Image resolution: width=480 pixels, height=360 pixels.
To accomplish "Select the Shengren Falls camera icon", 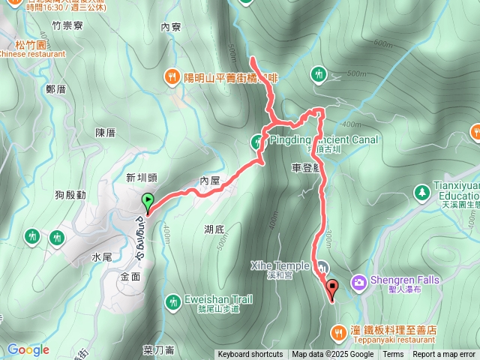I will (359, 281).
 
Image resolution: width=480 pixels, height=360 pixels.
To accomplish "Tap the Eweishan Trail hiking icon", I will (172, 300).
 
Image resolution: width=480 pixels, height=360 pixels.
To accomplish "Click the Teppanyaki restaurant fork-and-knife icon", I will (340, 330).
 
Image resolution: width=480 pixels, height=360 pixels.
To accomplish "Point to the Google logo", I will (28, 349).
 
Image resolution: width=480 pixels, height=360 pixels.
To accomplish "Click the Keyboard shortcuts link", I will (250, 355).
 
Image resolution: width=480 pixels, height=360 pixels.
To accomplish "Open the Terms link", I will (393, 355).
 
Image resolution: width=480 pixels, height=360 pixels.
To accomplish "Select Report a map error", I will (444, 355).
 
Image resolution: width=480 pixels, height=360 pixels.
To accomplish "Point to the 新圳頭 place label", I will (141, 178).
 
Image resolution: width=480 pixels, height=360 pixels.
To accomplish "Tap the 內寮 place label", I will (171, 27).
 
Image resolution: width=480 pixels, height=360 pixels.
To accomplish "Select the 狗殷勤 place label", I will (70, 195).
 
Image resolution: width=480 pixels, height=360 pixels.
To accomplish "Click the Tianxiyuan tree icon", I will (421, 192).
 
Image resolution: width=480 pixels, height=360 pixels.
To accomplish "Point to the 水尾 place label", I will (102, 256).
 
